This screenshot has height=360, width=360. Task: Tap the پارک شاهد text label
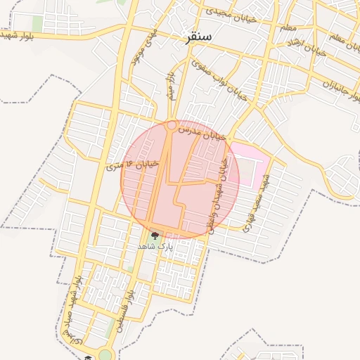tap(155, 247)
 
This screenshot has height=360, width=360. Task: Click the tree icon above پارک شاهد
tap(155, 236)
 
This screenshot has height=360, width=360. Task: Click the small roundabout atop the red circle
tap(172, 125)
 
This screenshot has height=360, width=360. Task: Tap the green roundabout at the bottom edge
tap(106, 355)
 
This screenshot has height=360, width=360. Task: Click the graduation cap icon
tap(88, 357)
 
